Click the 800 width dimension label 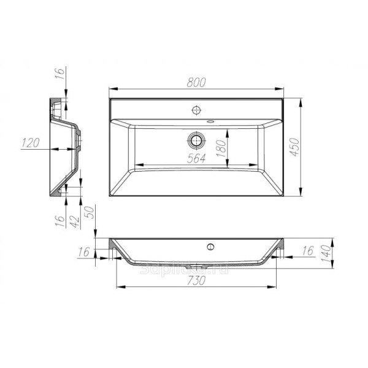[196, 83]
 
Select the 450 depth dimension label [294, 148]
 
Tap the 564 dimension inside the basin [196, 157]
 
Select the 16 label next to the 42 [60, 220]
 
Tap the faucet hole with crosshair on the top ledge [196, 111]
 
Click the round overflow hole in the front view [210, 247]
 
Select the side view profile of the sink [64, 147]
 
